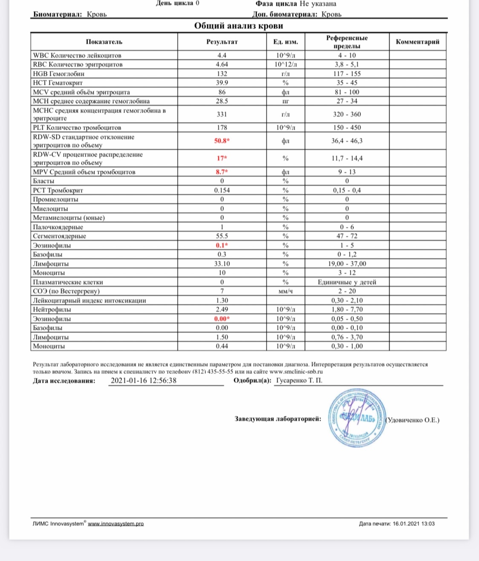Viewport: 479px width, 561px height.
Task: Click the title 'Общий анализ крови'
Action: [x=239, y=26]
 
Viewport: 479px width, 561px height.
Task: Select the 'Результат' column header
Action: [x=222, y=42]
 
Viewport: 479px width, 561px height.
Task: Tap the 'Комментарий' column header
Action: [x=417, y=42]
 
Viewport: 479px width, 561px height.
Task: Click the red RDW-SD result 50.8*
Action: [x=222, y=141]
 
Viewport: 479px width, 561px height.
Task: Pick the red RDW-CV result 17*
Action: [x=222, y=158]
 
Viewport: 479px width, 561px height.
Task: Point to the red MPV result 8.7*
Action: [x=222, y=172]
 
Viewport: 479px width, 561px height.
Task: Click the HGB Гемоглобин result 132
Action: [x=222, y=74]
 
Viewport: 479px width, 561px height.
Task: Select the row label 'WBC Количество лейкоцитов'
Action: [x=77, y=56]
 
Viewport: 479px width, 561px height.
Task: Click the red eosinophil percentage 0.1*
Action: [x=222, y=245]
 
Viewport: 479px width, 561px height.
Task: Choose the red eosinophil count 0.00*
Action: [x=222, y=319]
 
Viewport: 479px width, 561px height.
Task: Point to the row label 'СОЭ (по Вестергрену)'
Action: [x=66, y=291]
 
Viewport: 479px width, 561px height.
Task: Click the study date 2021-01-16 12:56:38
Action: [x=144, y=381]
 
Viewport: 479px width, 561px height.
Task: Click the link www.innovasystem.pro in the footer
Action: [x=115, y=524]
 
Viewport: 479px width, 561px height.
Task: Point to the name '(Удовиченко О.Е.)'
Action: [x=412, y=420]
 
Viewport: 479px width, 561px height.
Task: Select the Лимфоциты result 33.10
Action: [x=222, y=264]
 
